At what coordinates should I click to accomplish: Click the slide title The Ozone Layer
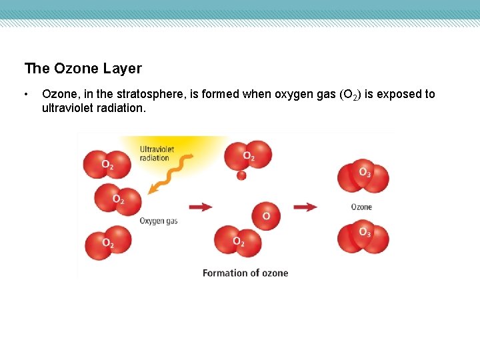coord(83,69)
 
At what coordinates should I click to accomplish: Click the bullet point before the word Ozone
coord(26,94)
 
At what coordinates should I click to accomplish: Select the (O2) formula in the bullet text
coord(351,95)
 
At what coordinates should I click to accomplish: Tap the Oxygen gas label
coord(159,221)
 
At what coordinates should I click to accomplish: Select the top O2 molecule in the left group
coord(107,163)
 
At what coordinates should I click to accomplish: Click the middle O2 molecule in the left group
coord(118,199)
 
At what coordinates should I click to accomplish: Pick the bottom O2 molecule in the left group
coord(108,242)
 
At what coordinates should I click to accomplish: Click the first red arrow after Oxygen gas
coord(201,207)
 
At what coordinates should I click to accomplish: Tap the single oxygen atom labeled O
coord(267,215)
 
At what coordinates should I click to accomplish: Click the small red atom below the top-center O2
coord(241,175)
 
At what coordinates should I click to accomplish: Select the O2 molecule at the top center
coord(248,155)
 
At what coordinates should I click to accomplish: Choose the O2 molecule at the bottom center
coord(237,241)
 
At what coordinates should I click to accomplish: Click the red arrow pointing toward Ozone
coord(305,207)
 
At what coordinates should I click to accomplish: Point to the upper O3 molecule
coord(363,174)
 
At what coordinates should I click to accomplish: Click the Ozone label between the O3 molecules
coord(361,207)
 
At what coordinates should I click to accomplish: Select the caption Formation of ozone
coord(245,273)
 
